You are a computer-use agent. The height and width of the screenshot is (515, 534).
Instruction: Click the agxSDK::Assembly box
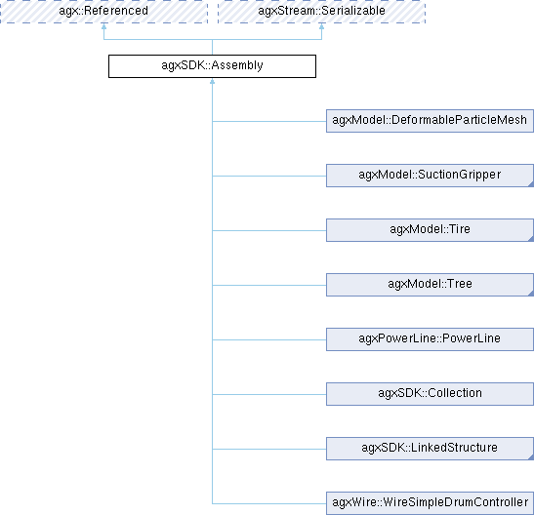[212, 66]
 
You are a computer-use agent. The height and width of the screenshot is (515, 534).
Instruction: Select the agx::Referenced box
[103, 12]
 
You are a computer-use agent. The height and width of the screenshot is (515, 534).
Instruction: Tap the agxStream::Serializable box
[321, 12]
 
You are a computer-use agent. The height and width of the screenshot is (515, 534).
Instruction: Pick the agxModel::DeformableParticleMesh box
[429, 121]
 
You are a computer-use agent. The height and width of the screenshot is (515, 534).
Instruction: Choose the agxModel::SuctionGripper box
[429, 176]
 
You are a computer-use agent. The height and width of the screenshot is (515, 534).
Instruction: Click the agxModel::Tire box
[429, 230]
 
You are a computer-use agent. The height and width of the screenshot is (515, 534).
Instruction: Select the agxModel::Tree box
[429, 285]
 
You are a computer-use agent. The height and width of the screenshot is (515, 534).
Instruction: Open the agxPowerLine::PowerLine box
[429, 339]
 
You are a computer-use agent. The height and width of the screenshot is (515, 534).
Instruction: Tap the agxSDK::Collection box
[429, 394]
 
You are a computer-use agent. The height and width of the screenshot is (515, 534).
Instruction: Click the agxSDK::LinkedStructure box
[429, 449]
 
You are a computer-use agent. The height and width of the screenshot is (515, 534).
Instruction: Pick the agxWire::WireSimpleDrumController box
[429, 503]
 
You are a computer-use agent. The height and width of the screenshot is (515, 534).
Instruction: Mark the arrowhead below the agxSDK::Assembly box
[212, 84]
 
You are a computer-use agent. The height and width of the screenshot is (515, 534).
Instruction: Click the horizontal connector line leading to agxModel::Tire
[268, 230]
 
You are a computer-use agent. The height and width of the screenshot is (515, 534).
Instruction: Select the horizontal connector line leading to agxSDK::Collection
[268, 394]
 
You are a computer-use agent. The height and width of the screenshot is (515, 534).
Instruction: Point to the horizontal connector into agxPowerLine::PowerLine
[268, 339]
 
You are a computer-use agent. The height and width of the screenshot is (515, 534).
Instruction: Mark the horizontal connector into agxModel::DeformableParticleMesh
[268, 121]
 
